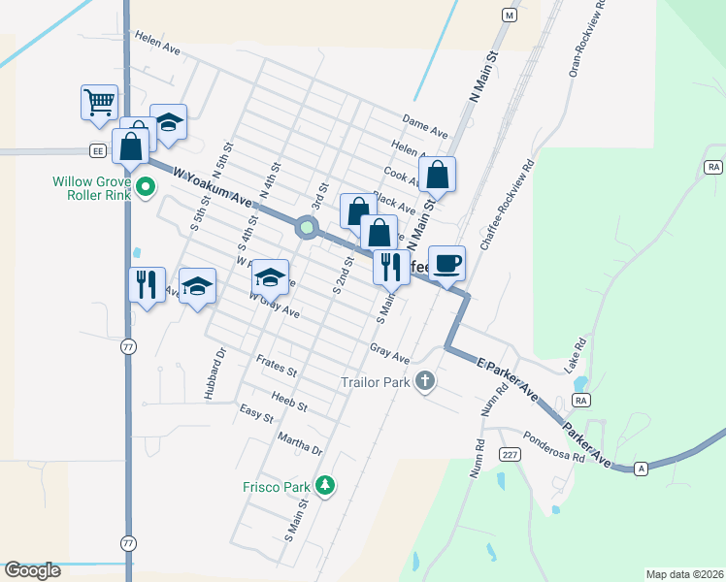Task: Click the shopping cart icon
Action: click(x=99, y=102)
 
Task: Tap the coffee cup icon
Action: click(x=446, y=263)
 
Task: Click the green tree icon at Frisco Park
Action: click(x=326, y=485)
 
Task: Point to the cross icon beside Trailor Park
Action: click(x=425, y=381)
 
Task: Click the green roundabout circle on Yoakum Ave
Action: click(x=308, y=228)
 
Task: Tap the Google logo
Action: click(x=32, y=570)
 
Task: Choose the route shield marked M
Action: click(x=508, y=15)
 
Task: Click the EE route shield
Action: click(x=97, y=150)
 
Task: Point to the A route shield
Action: click(x=641, y=468)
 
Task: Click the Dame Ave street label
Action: click(x=424, y=126)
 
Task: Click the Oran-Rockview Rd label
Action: click(x=586, y=38)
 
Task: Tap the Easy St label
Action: click(x=255, y=414)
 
